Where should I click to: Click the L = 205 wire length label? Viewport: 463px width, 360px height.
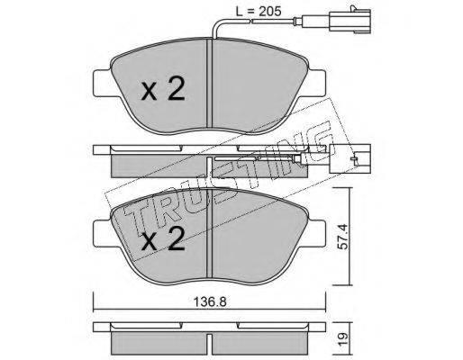coord(259,12)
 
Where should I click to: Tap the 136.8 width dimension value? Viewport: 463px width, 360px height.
coord(210,302)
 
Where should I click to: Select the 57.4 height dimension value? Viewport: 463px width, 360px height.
coord(342,237)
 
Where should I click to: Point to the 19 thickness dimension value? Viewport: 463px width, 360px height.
coord(343,338)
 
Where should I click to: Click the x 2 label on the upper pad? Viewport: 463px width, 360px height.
coord(163,89)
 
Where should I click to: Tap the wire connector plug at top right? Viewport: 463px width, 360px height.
coord(350,20)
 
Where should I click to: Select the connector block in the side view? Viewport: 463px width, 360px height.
coord(350,158)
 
